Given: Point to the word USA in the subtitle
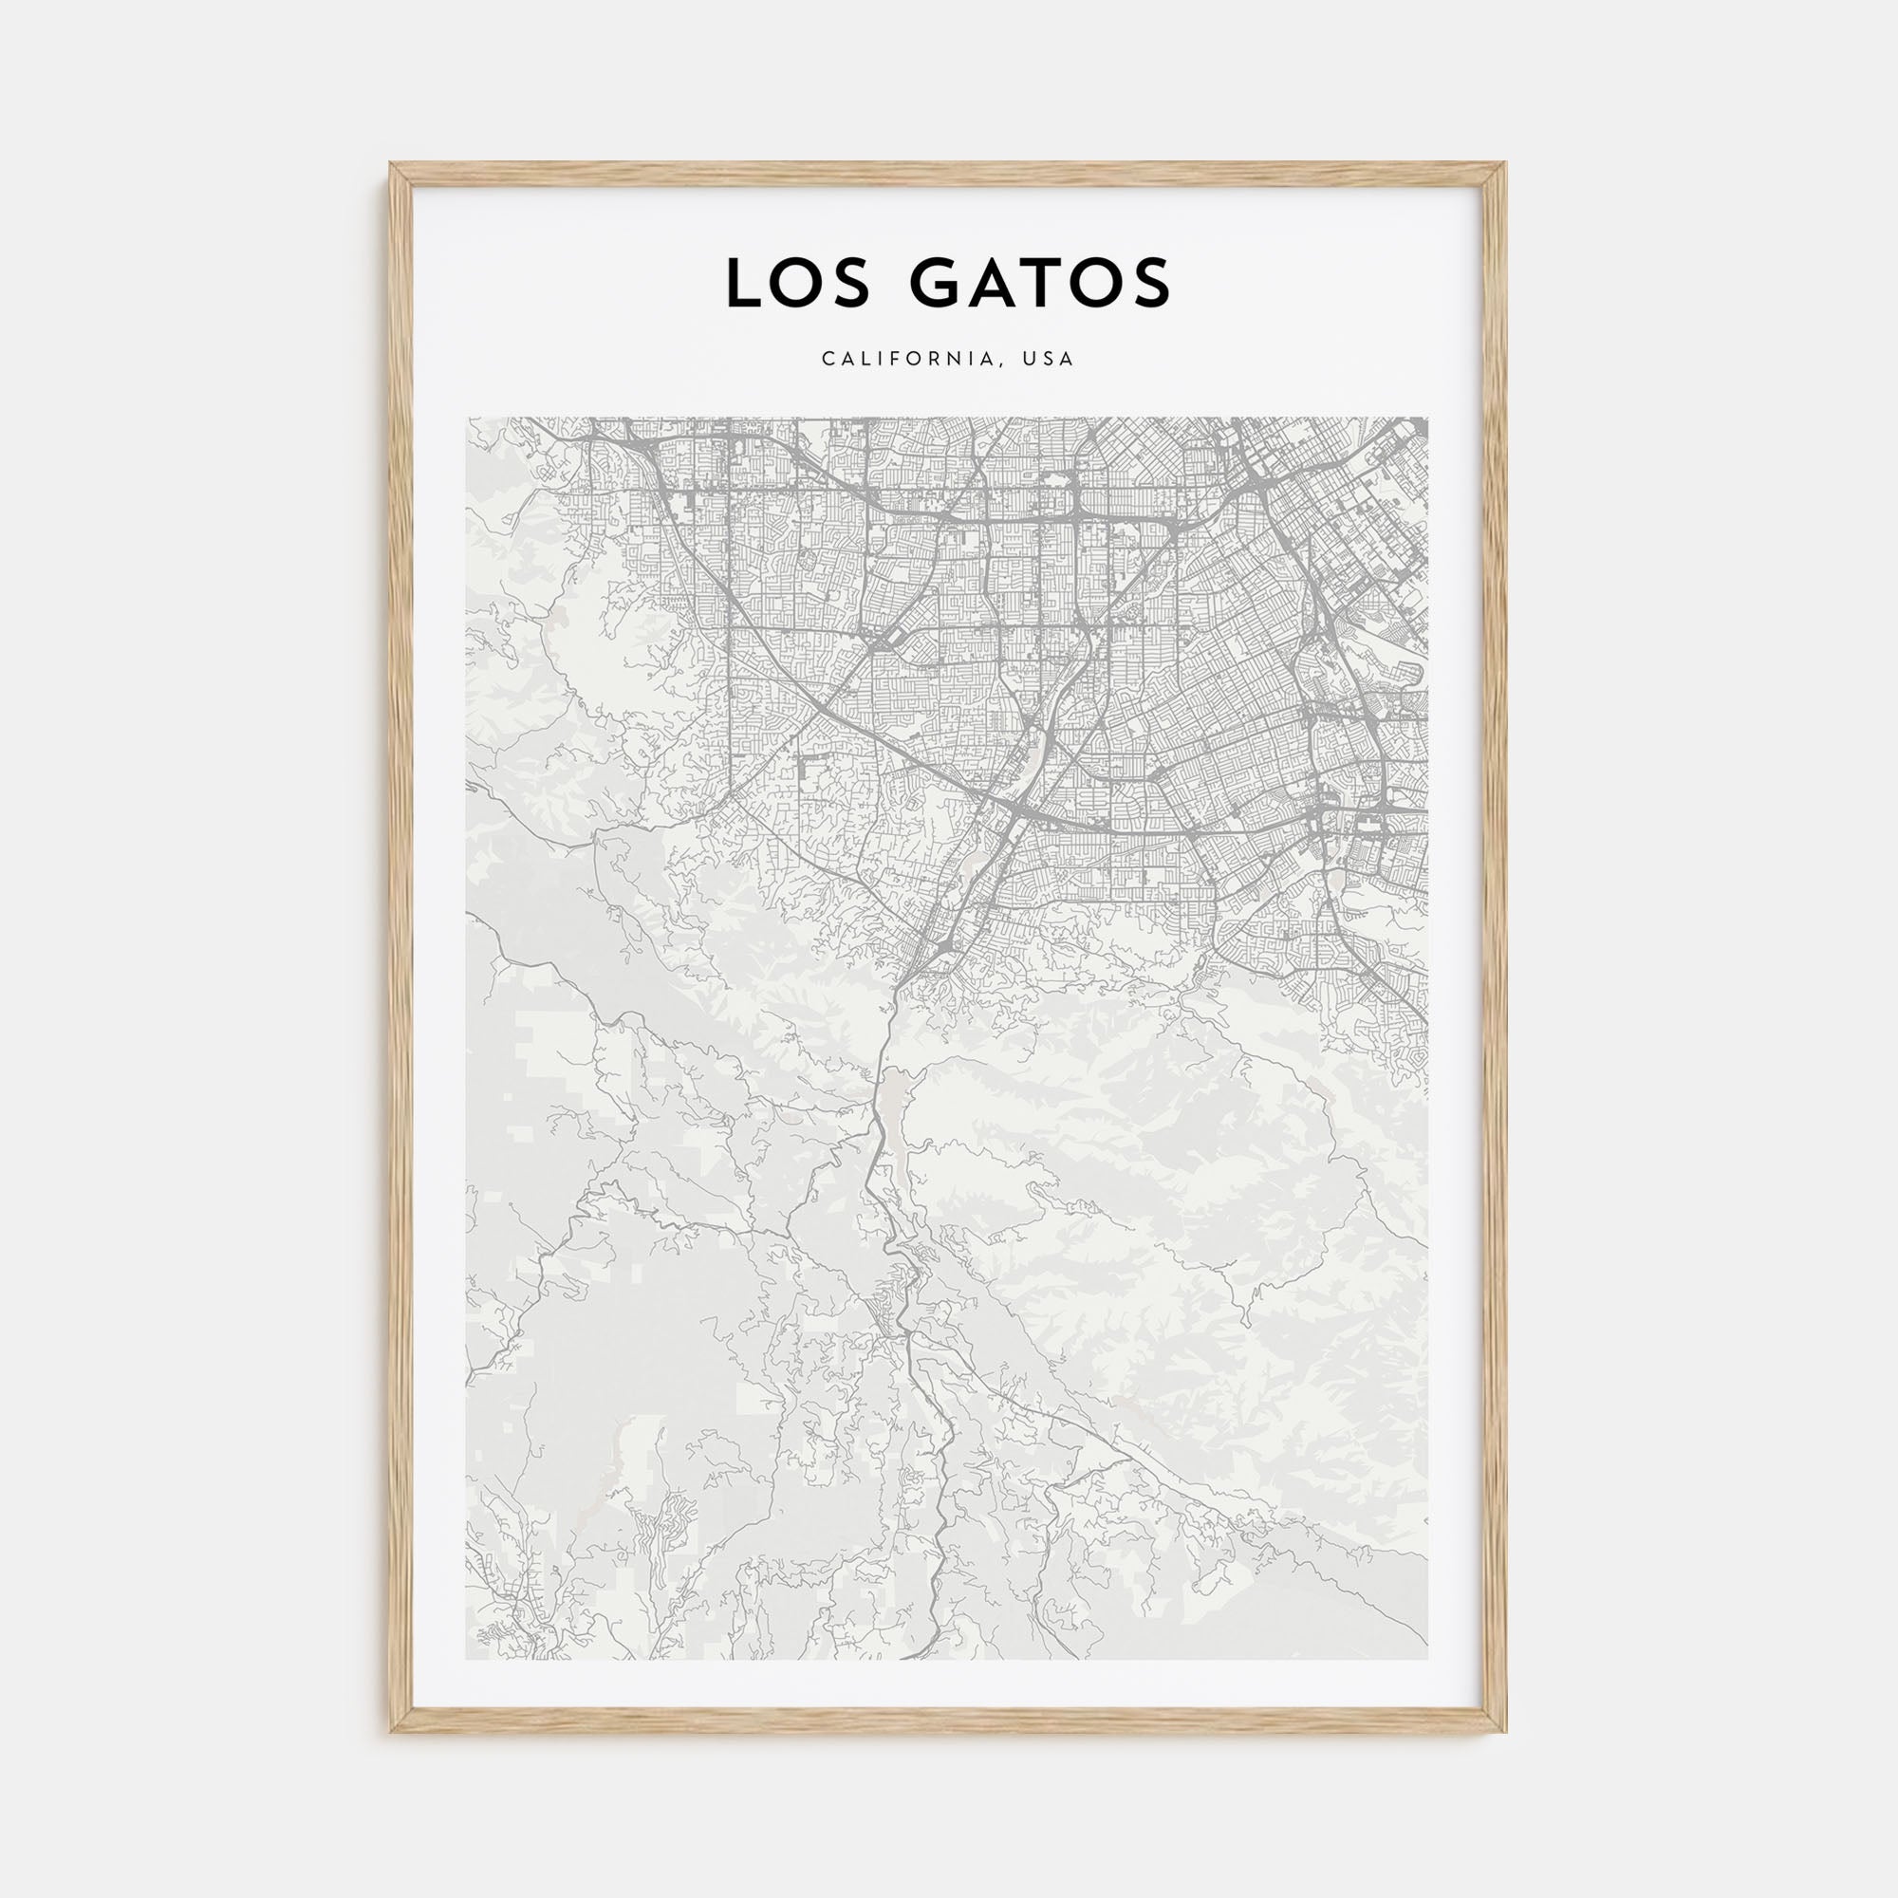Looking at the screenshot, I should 1049,360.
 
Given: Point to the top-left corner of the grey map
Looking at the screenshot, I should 468,419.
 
